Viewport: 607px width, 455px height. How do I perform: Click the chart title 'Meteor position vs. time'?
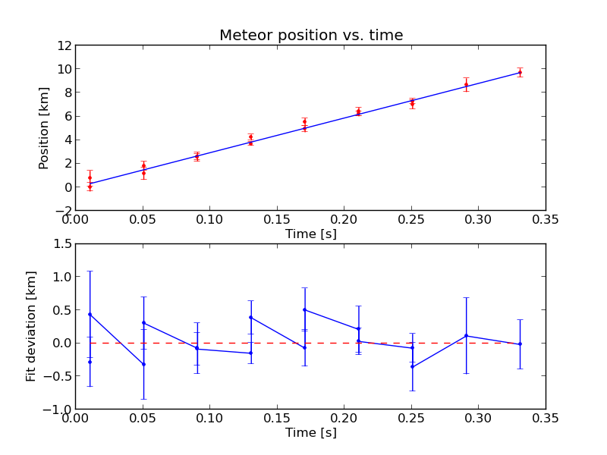311,36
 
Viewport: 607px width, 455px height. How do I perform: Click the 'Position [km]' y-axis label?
44,127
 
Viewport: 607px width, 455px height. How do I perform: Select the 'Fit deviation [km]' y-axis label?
31,326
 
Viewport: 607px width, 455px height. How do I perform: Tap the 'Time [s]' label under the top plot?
310,234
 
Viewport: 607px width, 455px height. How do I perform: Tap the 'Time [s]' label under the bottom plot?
310,432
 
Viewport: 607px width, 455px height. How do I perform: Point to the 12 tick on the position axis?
64,45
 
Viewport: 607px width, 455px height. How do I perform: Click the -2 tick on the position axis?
63,210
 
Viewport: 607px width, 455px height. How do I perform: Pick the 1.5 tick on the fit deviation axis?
62,244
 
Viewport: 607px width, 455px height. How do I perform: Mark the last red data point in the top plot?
520,72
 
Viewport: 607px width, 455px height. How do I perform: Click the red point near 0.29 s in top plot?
466,84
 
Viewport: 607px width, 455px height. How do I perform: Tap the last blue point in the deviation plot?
520,344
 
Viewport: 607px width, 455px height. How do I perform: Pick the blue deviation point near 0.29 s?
466,336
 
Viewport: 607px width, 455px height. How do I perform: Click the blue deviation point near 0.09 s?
197,348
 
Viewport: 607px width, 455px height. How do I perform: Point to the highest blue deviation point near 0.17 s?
304,309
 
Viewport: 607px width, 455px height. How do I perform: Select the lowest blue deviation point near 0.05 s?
143,364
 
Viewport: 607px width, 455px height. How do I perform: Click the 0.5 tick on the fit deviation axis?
62,310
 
